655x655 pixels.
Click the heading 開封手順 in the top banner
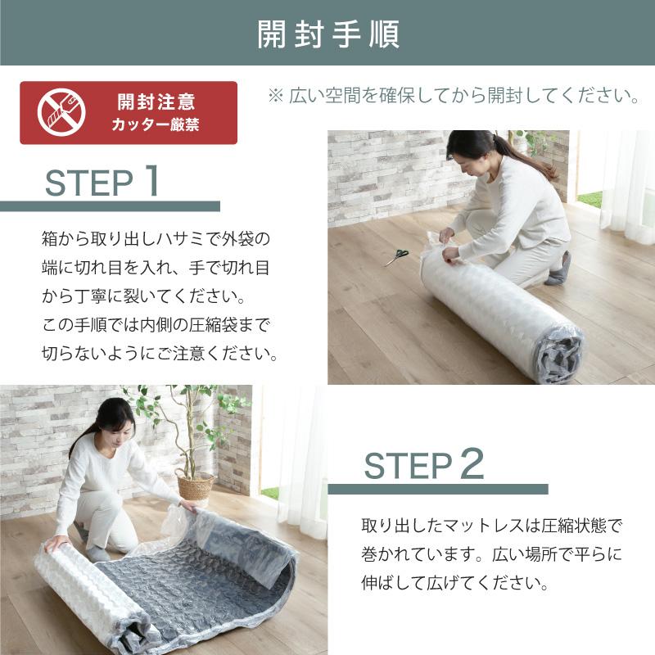click(x=327, y=34)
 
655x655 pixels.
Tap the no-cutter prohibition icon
click(x=61, y=113)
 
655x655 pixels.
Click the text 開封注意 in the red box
click(x=156, y=103)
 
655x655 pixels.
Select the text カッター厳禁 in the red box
click(x=156, y=126)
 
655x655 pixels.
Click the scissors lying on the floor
click(x=397, y=256)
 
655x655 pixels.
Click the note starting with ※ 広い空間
click(x=453, y=96)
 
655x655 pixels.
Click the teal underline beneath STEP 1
click(x=110, y=206)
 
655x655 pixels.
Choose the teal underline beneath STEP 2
click(x=437, y=489)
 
